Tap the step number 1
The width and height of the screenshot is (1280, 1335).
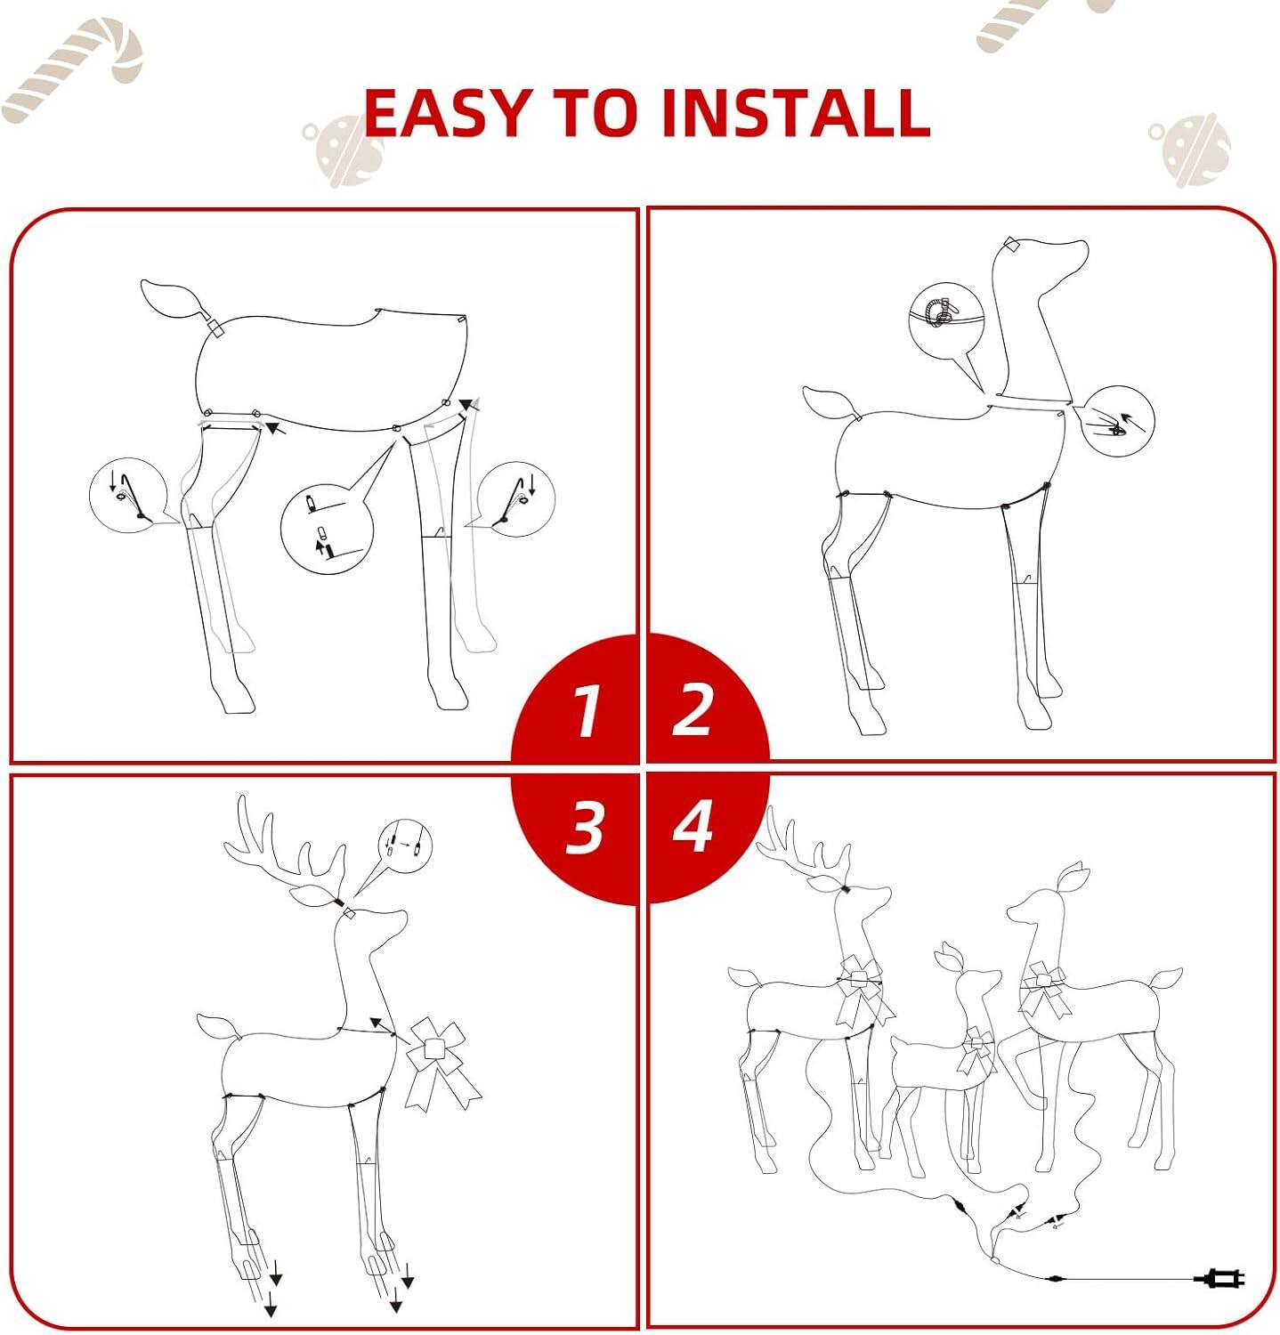tap(585, 710)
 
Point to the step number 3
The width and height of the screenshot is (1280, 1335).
tap(584, 827)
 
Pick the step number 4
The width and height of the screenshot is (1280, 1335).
tap(693, 826)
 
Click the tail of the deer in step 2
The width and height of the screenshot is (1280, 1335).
tap(832, 405)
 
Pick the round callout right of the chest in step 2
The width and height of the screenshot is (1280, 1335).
tap(1116, 421)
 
